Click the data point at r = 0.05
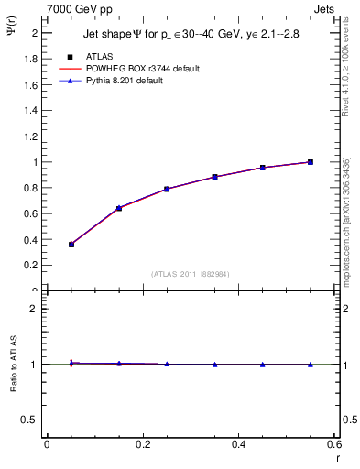coord(71,245)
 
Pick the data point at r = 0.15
coord(119,208)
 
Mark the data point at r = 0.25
coord(167,189)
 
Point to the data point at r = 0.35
coord(214,177)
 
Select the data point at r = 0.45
coord(262,168)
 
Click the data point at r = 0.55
coord(311,162)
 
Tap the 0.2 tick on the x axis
coord(142,443)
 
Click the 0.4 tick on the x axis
coord(238,443)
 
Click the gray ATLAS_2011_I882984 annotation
coord(190,274)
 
